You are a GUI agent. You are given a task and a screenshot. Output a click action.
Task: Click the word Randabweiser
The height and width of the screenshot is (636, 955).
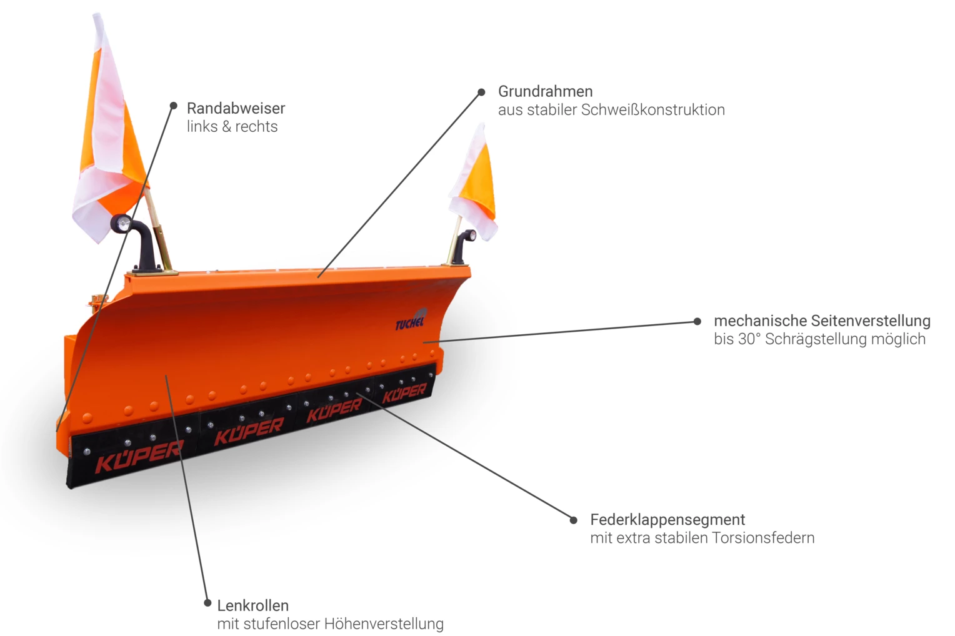click(236, 108)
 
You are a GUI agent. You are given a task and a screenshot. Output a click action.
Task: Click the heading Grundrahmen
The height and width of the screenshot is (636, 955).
click(545, 91)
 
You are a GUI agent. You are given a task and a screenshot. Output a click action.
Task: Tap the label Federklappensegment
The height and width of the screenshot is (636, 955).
click(667, 520)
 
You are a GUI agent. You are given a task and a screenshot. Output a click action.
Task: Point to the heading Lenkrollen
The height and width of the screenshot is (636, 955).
click(252, 605)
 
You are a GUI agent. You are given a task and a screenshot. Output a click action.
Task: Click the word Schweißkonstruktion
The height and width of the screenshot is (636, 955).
click(653, 110)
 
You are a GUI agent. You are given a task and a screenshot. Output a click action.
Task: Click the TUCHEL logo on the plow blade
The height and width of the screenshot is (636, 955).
click(410, 321)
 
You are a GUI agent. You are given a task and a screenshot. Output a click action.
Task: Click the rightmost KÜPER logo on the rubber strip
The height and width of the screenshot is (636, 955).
click(404, 394)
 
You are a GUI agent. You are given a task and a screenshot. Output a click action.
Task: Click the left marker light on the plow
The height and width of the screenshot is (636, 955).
click(121, 223)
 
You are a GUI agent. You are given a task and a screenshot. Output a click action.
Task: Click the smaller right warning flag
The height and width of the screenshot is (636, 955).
click(476, 184)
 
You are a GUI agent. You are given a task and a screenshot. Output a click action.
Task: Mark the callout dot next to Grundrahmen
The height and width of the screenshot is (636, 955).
click(481, 92)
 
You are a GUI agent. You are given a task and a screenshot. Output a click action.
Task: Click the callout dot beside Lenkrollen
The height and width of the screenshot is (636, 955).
click(207, 603)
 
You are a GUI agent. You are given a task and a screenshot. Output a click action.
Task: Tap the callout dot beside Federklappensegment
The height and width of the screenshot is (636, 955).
click(573, 520)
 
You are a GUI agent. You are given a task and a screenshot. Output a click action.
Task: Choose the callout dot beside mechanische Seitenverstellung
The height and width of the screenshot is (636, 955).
click(697, 321)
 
